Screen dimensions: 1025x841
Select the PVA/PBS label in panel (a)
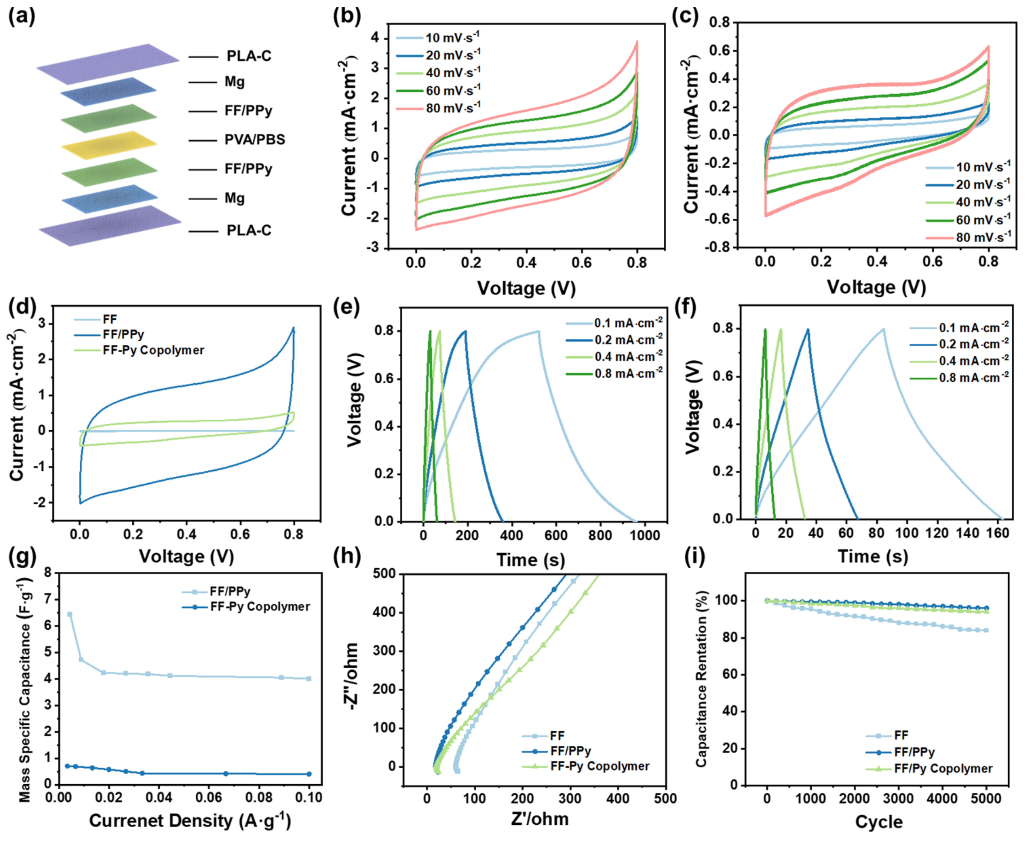point(255,140)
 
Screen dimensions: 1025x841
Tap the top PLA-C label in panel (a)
point(249,56)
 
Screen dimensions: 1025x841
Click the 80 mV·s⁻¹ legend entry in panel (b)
point(438,108)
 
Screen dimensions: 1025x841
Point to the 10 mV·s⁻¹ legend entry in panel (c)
point(968,167)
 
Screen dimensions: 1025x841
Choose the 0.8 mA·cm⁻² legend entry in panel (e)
point(614,373)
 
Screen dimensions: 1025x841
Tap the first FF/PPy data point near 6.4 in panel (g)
point(70,614)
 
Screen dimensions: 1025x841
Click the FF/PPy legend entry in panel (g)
point(216,592)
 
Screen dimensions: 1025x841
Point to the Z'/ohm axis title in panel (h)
point(540,818)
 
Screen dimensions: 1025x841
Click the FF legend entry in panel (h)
point(543,736)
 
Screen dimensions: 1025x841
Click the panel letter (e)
point(347,309)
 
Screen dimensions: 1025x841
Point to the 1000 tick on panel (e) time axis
point(645,535)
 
